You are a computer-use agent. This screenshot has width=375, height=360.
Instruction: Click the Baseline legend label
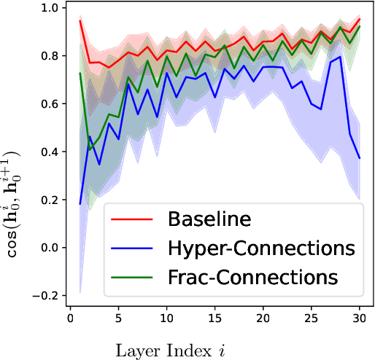[x=209, y=219]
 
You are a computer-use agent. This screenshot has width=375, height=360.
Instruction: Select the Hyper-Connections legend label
[x=260, y=249]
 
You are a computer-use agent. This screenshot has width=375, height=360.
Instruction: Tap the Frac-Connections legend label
[x=253, y=278]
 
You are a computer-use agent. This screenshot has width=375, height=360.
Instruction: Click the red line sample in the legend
[x=133, y=219]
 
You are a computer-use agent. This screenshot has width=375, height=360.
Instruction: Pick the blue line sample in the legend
[x=133, y=249]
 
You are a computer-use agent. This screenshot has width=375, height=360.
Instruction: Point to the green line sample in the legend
[x=133, y=278]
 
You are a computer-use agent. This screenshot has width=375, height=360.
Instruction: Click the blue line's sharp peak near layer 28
[x=341, y=57]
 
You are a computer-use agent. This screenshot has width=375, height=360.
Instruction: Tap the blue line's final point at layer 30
[x=360, y=158]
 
